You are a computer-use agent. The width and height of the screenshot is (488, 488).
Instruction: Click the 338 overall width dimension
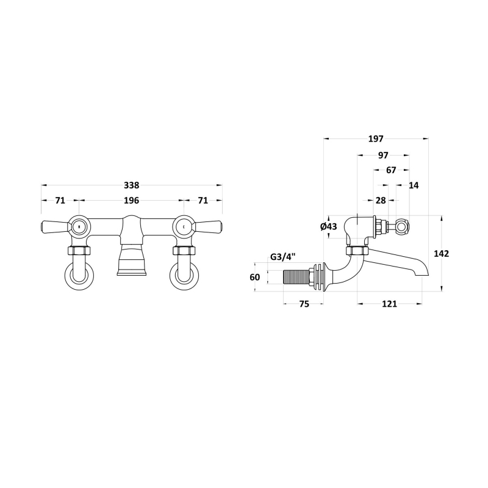(x=131, y=185)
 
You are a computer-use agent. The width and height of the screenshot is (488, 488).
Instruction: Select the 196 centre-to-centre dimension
(x=131, y=201)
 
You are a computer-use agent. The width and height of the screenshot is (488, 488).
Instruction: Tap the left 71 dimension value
(x=60, y=201)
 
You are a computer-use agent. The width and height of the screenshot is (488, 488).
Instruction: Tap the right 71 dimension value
(x=203, y=201)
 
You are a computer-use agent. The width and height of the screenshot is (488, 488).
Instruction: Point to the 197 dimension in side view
(x=376, y=139)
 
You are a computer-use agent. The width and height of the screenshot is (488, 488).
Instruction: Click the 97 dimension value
(x=383, y=155)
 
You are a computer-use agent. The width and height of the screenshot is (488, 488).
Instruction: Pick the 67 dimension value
(x=391, y=170)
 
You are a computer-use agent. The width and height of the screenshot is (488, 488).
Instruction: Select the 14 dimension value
(x=414, y=185)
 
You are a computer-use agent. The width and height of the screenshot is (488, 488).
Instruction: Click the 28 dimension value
(x=381, y=201)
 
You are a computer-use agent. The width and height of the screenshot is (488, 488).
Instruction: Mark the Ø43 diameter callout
(x=329, y=226)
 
